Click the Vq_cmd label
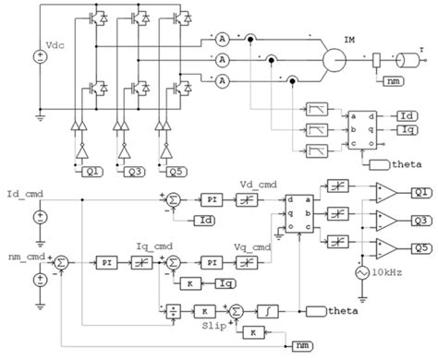point(255,247)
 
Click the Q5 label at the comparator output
point(421,247)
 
